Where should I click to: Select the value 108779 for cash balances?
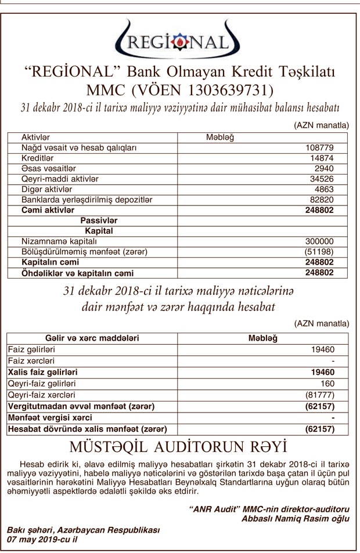319,148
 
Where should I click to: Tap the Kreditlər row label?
38,158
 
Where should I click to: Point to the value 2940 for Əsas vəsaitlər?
323,168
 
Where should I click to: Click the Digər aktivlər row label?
46,189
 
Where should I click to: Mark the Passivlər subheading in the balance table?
99,221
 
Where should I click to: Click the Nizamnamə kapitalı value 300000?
319,241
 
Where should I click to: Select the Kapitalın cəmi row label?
50,262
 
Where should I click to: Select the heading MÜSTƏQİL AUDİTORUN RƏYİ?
178,447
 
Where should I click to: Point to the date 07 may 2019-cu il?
42,539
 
